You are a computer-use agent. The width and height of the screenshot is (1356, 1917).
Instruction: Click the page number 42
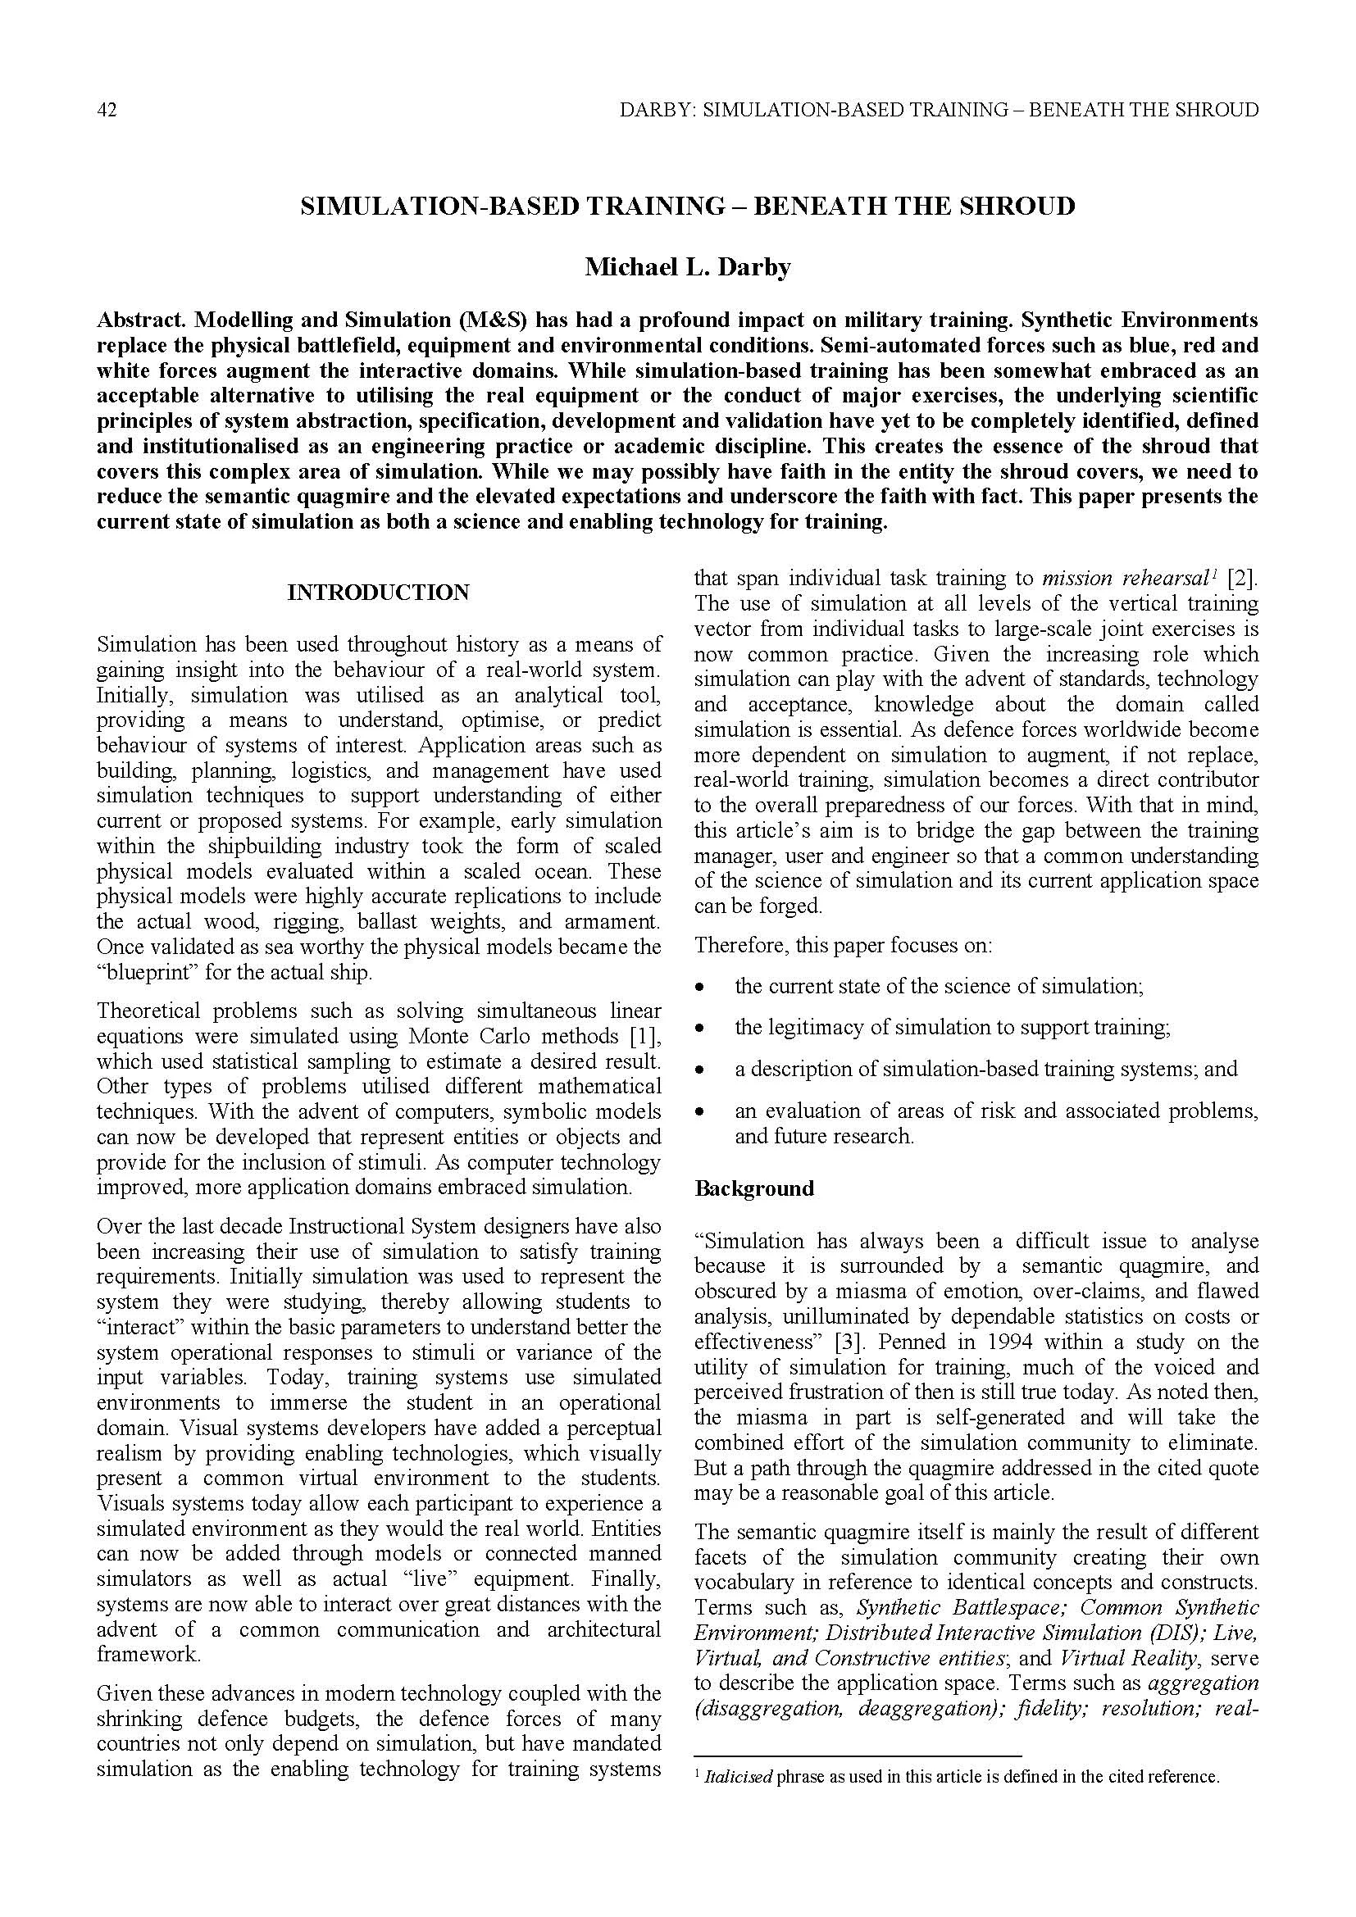(106, 110)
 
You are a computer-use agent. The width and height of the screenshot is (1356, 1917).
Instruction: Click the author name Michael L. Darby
(687, 267)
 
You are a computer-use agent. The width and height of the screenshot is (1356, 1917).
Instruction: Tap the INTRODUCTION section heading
(378, 593)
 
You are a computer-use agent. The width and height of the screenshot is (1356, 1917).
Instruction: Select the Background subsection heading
(753, 1189)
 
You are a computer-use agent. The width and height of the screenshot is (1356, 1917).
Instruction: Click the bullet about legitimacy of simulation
(952, 1027)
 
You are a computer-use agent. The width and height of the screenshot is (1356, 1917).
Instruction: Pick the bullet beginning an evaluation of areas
(995, 1111)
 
